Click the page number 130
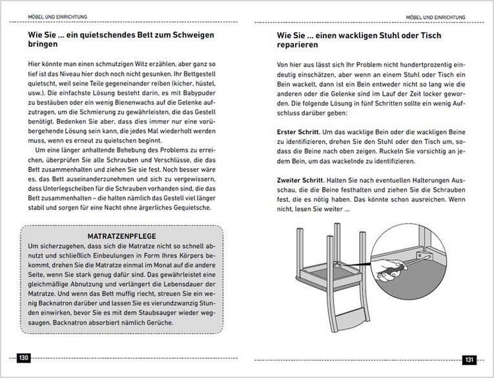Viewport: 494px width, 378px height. point(24,358)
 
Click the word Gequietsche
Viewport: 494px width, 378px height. point(187,207)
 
